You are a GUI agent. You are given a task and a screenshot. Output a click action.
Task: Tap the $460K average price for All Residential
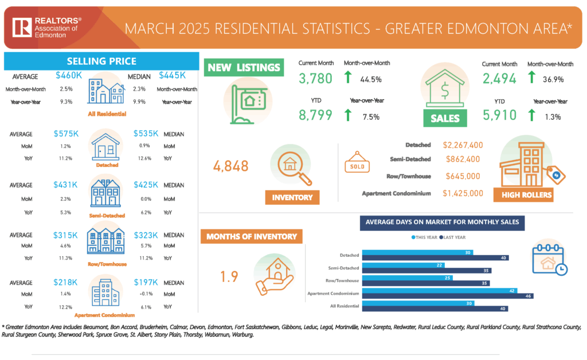pos(69,75)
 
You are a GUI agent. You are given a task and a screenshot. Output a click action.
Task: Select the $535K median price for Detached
pos(146,134)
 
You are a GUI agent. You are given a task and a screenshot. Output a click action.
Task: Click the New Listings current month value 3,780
pos(315,79)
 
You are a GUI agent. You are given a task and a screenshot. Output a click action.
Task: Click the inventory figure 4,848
pos(231,166)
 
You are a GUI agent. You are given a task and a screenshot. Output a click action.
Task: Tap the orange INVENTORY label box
pos(293,197)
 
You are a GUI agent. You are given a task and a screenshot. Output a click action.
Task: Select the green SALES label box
pos(445,119)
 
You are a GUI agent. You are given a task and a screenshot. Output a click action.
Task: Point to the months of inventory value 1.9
pos(229,277)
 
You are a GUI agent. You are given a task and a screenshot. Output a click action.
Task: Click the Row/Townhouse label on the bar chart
pos(342,281)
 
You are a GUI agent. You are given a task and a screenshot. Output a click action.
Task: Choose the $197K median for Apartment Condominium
pos(146,282)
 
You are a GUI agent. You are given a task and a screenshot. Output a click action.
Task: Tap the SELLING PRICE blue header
pos(101,61)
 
